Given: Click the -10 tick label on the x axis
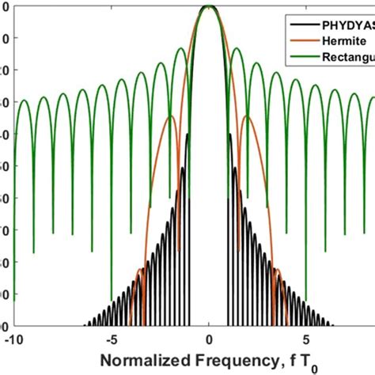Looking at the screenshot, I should pos(13,338).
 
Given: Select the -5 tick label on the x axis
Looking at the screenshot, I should pos(112,338).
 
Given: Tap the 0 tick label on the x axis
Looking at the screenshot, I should pos(209,338).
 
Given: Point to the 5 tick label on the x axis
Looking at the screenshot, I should pos(307,338).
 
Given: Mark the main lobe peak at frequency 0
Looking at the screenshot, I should pos(209,6).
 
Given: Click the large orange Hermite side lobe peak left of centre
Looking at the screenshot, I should pos(171,117).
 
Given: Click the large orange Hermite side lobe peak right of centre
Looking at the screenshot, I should pos(247,117).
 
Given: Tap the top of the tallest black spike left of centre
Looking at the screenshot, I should pos(187,134).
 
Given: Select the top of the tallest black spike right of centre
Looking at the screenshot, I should pos(231,134).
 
